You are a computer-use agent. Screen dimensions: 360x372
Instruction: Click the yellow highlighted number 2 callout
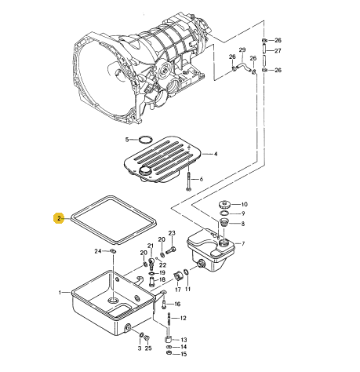pos(59,218)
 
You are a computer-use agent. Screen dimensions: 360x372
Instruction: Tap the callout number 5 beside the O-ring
pos(127,140)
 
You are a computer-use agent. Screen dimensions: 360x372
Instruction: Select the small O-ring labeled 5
pos(145,139)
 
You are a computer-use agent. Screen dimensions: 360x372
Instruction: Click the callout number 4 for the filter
pos(216,154)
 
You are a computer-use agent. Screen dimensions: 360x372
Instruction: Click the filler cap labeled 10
pos(224,204)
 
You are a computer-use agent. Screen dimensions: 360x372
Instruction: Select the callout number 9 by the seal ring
pos(243,213)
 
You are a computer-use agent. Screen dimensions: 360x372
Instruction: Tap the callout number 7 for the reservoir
pos(243,244)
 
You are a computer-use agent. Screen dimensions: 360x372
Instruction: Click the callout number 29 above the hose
pos(242,50)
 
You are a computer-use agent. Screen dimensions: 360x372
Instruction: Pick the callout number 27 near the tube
pos(278,50)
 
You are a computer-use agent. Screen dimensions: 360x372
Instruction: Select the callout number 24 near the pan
pos(98,251)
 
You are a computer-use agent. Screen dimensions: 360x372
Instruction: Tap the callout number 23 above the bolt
pos(172,233)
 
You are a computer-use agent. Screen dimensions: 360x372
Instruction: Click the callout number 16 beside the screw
pos(177,304)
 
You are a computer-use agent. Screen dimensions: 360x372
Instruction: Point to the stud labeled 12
pos(169,321)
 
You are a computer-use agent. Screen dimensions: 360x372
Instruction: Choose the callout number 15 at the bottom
pos(184,354)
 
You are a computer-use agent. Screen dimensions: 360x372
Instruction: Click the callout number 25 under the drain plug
pos(148,348)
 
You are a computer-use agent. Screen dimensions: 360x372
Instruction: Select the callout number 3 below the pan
pos(140,348)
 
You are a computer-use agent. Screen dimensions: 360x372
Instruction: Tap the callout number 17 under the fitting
pos(178,290)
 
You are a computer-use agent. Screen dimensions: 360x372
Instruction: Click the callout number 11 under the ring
pos(187,289)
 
